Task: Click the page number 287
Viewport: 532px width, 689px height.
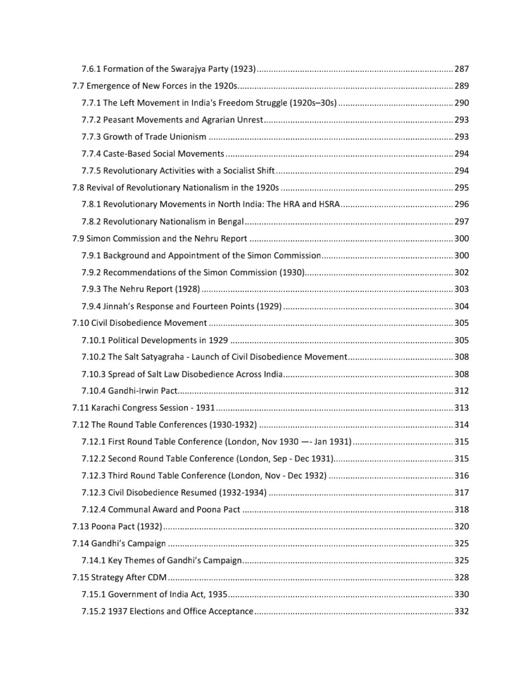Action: pos(461,69)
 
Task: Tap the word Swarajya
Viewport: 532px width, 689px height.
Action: pos(187,69)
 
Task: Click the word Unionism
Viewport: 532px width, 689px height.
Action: pos(188,137)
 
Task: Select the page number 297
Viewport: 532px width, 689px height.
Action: pos(461,222)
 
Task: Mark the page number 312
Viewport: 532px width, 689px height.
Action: pos(461,391)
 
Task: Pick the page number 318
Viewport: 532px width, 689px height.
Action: pos(461,510)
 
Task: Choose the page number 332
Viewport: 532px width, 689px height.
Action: pos(461,611)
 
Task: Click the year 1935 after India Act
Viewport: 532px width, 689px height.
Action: pos(218,594)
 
